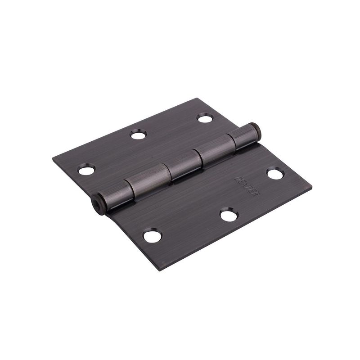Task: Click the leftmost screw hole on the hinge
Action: point(86,170)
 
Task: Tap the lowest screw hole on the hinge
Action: point(150,235)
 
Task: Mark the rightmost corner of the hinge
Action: point(312,184)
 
